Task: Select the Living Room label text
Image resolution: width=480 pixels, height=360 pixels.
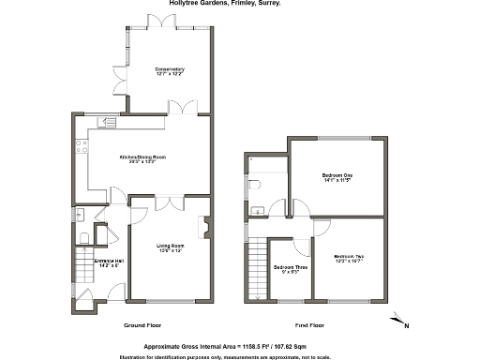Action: point(169,248)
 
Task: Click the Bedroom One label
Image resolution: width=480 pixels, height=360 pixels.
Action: point(337,178)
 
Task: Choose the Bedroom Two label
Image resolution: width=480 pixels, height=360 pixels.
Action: point(348,259)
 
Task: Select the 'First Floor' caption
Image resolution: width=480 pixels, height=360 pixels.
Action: point(309,325)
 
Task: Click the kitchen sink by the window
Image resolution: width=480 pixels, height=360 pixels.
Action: point(109,123)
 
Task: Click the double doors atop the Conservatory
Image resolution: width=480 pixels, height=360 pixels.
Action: point(152,20)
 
